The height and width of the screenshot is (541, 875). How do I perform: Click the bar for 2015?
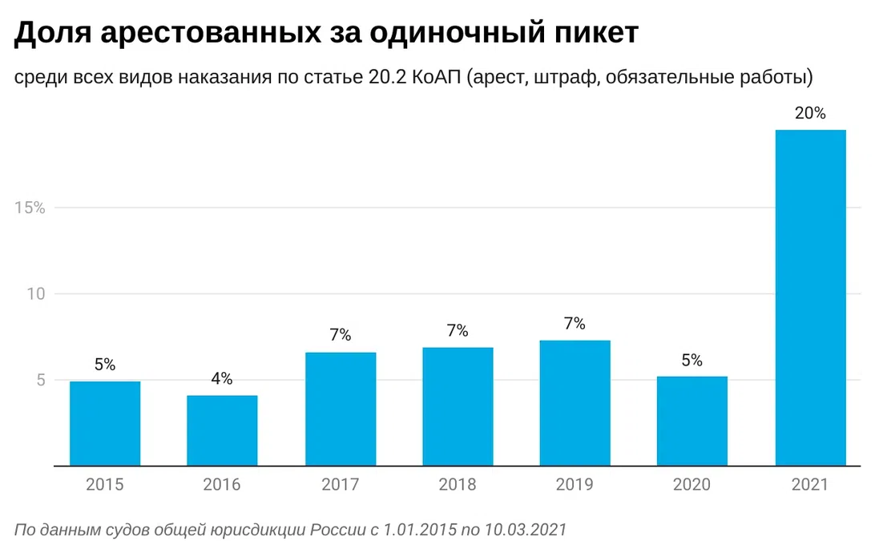coord(105,423)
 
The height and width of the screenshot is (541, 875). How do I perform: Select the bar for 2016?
coord(222,430)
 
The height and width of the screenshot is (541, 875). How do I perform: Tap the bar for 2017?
coord(341,409)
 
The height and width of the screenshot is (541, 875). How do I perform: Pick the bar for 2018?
coord(458,406)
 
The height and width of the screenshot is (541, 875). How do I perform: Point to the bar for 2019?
coord(575,402)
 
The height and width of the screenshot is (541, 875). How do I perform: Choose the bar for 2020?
coord(692,421)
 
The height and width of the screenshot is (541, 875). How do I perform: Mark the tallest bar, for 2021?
coord(810,297)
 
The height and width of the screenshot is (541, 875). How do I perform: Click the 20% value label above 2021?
coord(810,114)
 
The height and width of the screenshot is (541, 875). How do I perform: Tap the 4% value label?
coord(222,379)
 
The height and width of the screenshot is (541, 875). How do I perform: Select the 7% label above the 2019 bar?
coord(575,324)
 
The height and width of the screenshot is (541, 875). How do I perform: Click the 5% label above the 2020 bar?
coord(692,361)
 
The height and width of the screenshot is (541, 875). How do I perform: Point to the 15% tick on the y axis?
coord(30,208)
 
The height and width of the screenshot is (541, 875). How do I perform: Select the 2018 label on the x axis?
coord(458,485)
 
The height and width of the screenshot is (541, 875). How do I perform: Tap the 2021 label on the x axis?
coord(810,485)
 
